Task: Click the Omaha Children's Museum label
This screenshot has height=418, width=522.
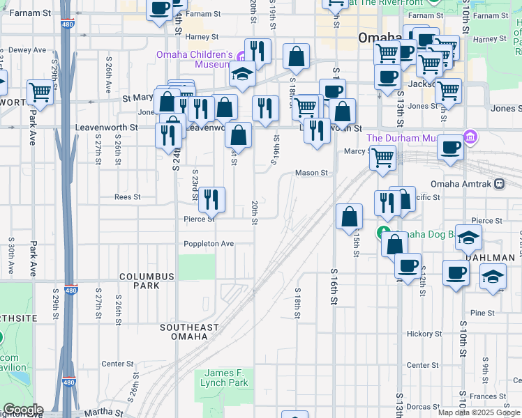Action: tap(194, 59)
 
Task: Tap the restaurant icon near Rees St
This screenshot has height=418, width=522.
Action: tap(211, 199)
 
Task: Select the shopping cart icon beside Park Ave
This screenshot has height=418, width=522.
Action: tap(40, 92)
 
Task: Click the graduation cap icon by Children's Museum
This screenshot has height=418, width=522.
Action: tap(242, 74)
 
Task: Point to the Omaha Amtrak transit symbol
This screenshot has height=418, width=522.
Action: tap(499, 184)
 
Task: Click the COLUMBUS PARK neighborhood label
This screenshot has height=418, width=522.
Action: tap(146, 281)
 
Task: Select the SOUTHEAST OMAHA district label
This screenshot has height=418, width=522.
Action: tap(189, 332)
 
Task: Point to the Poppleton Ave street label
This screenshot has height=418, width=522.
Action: tap(208, 244)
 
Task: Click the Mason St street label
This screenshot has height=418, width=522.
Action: tap(311, 173)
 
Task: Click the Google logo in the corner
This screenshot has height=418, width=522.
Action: tap(22, 410)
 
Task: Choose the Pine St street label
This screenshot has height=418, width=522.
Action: tap(482, 313)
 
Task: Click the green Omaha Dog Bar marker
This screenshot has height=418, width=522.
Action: tap(383, 233)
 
